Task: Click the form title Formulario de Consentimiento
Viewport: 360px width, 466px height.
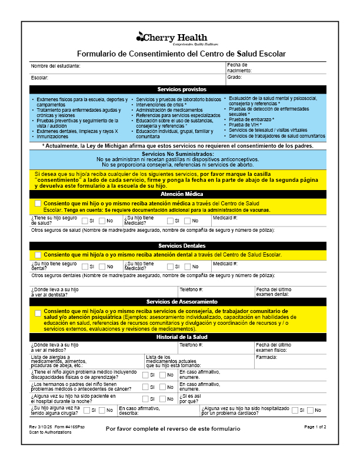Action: [181, 54]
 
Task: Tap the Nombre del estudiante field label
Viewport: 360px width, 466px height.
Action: [56, 66]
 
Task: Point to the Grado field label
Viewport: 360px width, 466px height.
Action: [235, 77]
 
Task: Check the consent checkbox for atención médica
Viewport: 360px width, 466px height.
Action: [38, 204]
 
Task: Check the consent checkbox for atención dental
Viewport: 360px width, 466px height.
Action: [38, 255]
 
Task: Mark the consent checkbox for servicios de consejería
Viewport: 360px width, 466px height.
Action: [38, 313]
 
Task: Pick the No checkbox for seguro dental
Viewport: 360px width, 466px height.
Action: [102, 266]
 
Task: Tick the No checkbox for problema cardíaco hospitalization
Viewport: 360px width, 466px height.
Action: [310, 410]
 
